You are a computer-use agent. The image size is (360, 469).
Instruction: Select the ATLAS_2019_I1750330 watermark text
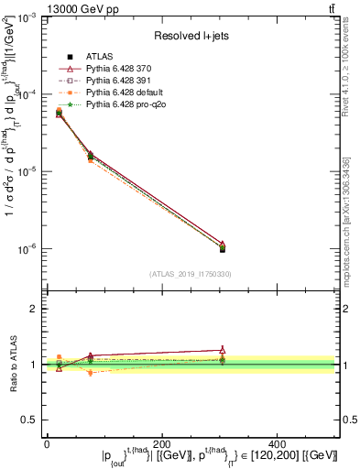tap(190, 273)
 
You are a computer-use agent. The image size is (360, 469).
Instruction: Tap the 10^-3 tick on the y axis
tap(27, 17)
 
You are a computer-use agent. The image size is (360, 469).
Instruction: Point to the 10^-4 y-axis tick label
tap(27, 94)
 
